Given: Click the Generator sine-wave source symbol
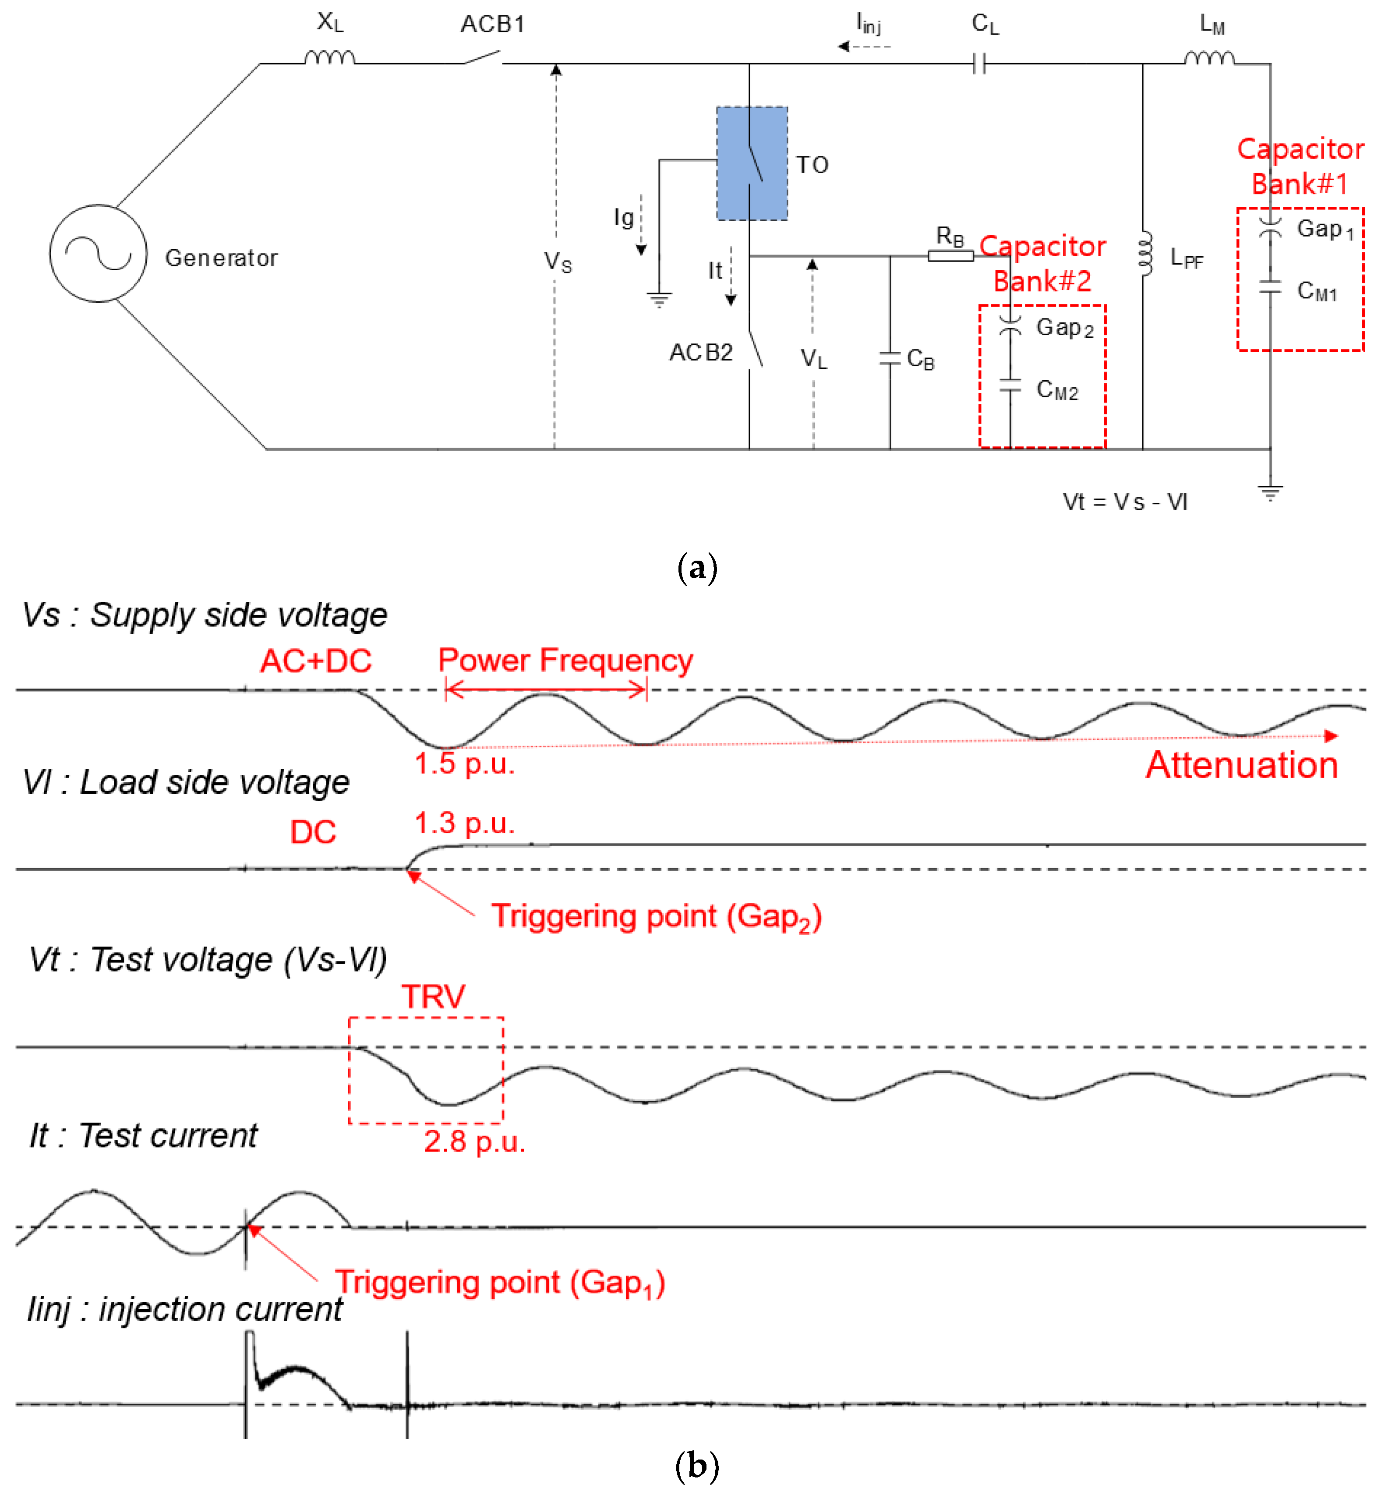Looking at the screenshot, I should tap(98, 254).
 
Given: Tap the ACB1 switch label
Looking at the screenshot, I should tap(492, 24).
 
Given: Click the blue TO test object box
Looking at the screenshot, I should tap(752, 163).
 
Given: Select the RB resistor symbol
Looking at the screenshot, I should tap(950, 256).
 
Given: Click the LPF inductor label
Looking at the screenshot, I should tap(1187, 258).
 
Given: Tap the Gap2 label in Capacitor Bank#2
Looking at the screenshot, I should tap(1064, 327).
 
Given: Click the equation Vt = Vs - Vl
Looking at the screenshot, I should tap(1125, 502).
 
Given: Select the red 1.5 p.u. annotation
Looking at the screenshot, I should tap(464, 764).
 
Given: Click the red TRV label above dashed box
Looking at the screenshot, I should tap(434, 997).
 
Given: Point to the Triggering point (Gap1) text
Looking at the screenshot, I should tap(499, 1283).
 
